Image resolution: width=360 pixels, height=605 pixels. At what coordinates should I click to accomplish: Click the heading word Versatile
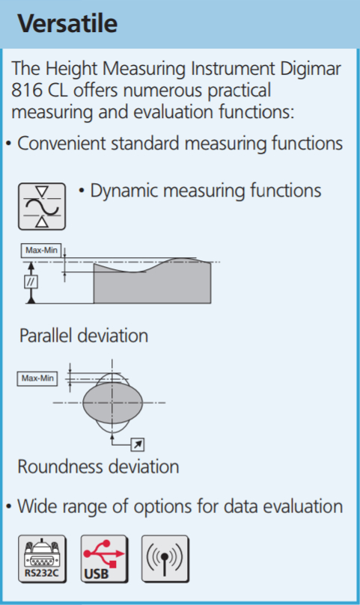67,23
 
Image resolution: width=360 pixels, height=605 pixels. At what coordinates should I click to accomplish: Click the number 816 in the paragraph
27,90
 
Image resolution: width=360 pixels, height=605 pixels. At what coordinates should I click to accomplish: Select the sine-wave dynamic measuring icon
42,206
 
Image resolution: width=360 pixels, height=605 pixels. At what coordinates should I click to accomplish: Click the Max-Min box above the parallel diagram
41,251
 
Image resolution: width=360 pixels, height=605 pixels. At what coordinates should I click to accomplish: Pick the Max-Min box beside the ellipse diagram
37,378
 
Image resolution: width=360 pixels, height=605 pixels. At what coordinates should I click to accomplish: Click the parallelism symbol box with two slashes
31,282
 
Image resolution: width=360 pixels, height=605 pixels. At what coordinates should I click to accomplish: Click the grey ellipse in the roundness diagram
112,402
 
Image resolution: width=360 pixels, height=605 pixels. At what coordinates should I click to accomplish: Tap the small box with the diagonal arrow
138,444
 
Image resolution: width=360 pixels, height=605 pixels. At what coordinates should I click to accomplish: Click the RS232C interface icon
42,559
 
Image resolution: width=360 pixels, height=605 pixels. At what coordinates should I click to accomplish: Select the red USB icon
103,559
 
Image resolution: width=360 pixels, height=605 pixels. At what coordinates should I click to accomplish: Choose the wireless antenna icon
165,559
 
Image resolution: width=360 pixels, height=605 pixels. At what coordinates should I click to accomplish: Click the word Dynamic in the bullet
124,191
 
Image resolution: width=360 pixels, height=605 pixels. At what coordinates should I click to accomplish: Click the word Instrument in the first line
233,69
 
